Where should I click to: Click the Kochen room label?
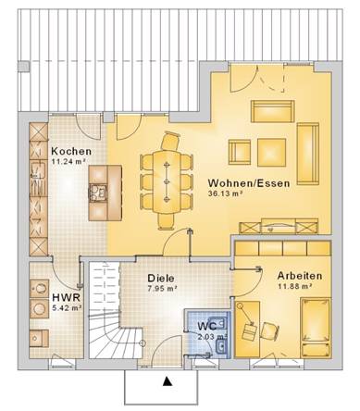point(71,152)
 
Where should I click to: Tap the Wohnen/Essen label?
point(249,183)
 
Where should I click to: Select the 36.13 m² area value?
point(224,193)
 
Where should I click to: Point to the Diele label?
point(161,278)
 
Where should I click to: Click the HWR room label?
point(67,298)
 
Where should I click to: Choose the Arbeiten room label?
point(300,276)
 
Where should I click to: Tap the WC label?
point(207,326)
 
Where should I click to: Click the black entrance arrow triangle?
point(167,381)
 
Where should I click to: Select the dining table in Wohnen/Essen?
point(167,182)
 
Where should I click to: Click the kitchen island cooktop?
point(98,193)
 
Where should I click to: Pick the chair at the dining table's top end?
point(170,141)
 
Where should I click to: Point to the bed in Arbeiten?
point(316,328)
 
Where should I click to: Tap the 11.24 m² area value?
point(68,161)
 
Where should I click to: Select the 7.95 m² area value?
point(162,289)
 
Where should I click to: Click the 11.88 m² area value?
point(294,286)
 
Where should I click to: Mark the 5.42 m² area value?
point(67,308)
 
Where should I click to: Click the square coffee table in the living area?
point(272,152)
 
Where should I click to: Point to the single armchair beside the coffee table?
point(240,152)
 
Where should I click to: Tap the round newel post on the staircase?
point(143,342)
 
